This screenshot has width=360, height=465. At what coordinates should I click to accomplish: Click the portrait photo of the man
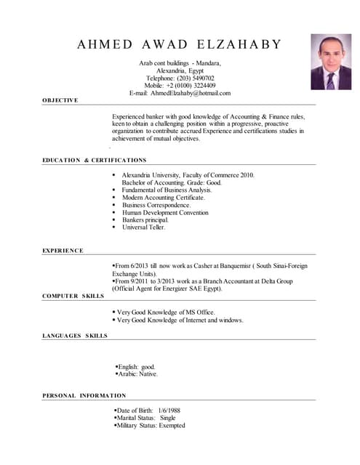point(331,62)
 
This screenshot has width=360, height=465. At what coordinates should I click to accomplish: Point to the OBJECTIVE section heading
point(60,100)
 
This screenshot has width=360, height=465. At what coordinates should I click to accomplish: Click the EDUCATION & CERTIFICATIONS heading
point(94,160)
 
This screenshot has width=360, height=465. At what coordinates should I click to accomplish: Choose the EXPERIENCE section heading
point(63,251)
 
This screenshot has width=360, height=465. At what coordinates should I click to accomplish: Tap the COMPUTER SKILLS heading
point(73,296)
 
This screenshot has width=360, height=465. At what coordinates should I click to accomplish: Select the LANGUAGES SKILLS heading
point(75,336)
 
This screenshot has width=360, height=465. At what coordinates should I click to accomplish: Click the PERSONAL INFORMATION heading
point(84,395)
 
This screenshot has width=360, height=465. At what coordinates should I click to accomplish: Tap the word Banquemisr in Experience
point(222,267)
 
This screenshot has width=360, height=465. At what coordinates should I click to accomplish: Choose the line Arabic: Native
point(138,374)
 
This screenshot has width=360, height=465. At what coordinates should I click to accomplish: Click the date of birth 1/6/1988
point(169,411)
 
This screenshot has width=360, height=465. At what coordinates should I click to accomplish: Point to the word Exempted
point(172,426)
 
